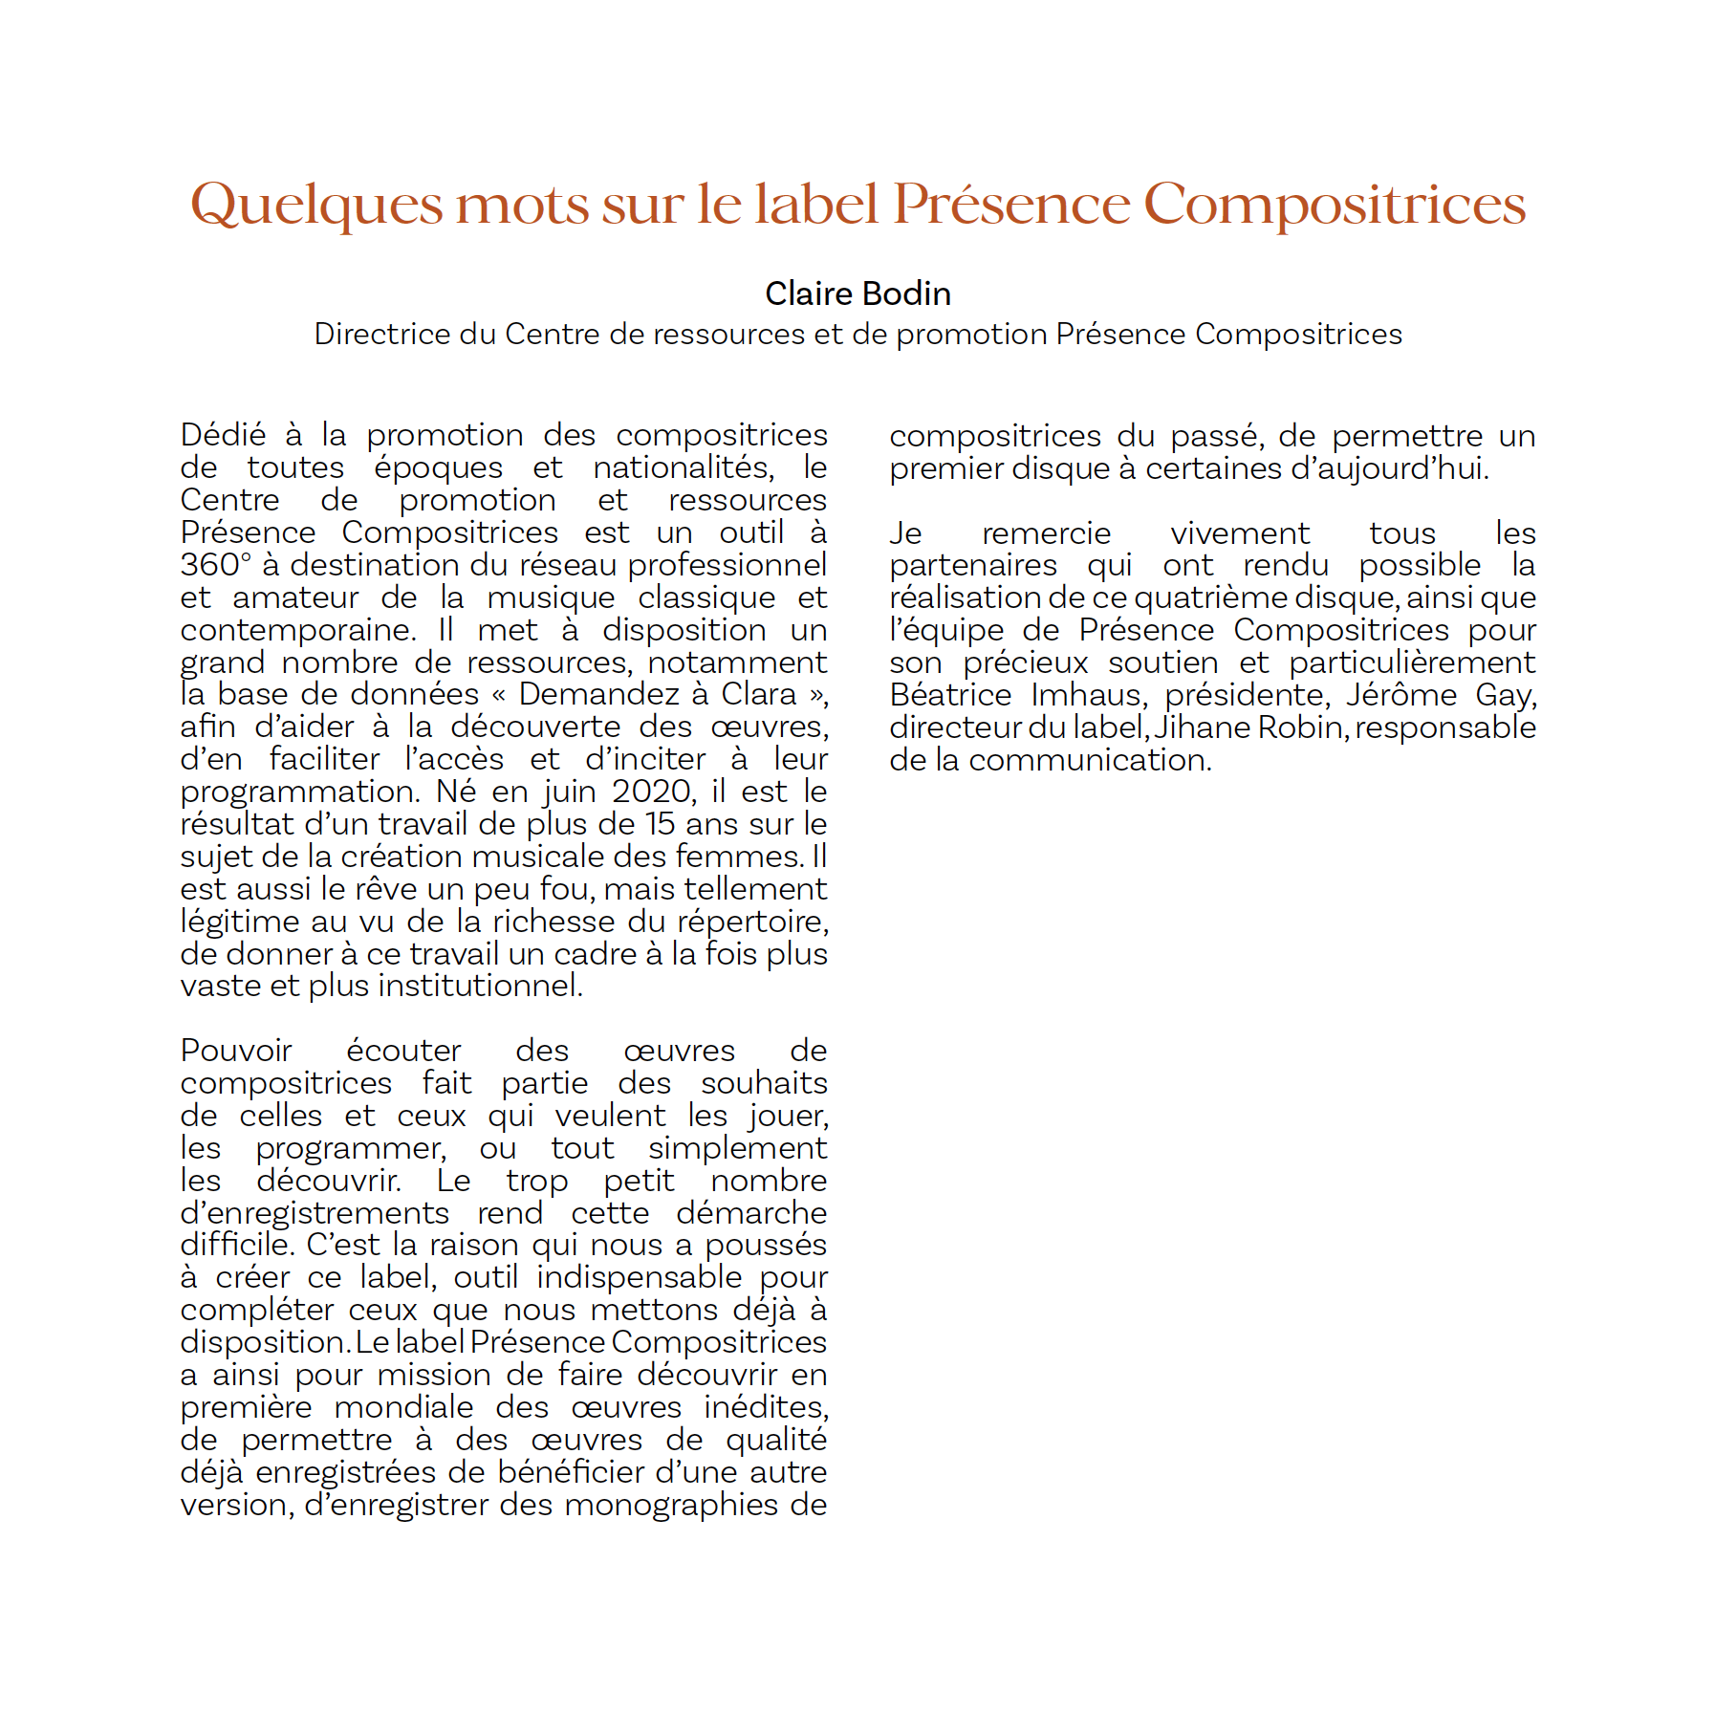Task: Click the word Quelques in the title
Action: pyautogui.click(x=316, y=205)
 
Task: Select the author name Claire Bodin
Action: pyautogui.click(x=857, y=293)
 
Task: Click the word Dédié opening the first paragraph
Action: pyautogui.click(x=223, y=435)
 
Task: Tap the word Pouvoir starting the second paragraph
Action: pyautogui.click(x=236, y=1051)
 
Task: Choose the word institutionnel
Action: pyautogui.click(x=445, y=986)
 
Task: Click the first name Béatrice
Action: pyautogui.click(x=950, y=695)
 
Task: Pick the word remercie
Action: pyautogui.click(x=1046, y=533)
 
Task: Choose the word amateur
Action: pyautogui.click(x=295, y=597)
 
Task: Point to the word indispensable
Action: pyautogui.click(x=639, y=1277)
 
